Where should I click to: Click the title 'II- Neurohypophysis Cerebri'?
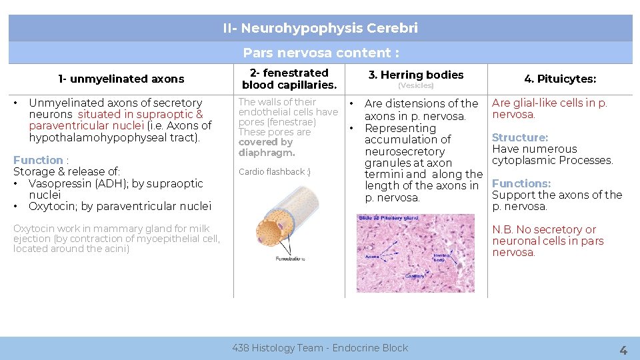(x=320, y=28)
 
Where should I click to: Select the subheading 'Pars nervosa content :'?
(x=321, y=53)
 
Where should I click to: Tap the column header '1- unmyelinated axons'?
(x=121, y=79)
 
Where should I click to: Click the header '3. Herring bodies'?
(x=416, y=75)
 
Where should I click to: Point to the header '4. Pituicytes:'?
(x=560, y=79)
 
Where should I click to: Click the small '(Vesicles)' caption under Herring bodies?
(x=416, y=86)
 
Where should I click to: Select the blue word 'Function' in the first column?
(x=38, y=160)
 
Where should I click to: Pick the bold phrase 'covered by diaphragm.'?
(x=265, y=147)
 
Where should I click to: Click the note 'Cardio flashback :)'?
(x=274, y=172)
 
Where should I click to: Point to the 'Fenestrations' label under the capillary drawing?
(x=290, y=259)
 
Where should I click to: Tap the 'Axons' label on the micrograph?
(x=372, y=255)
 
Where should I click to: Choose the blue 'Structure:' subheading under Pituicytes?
(x=520, y=137)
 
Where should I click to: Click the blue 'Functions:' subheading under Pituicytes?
(x=521, y=183)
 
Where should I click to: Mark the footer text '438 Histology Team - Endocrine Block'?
(x=320, y=347)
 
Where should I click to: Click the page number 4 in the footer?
(x=623, y=349)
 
